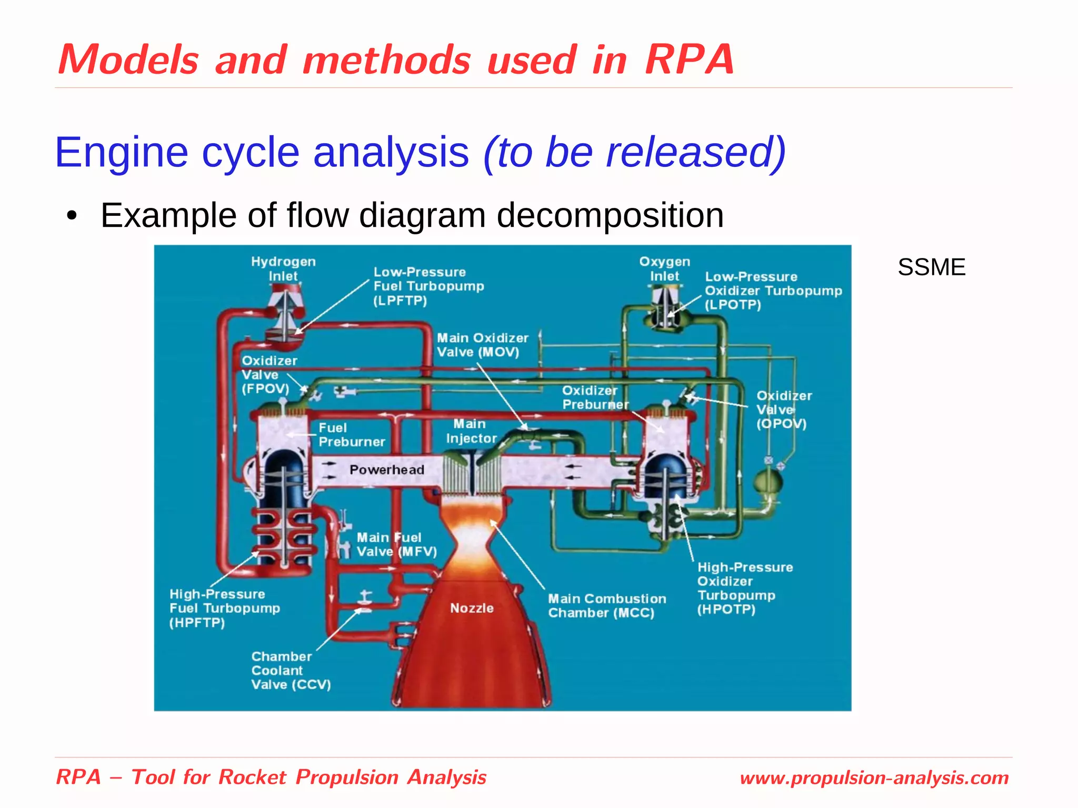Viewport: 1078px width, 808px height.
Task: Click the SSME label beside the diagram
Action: click(931, 267)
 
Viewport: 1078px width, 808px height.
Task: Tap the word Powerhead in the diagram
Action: click(387, 470)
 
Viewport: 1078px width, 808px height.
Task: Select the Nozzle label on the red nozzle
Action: click(472, 608)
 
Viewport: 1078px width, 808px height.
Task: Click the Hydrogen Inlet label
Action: click(283, 268)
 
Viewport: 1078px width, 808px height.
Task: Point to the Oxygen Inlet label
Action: click(664, 268)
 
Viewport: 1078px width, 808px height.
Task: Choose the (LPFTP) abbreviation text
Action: click(400, 301)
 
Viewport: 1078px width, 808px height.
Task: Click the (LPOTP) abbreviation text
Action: click(733, 305)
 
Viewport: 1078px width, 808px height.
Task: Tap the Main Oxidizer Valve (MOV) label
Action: click(482, 345)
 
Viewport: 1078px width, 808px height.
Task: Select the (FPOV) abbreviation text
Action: click(265, 389)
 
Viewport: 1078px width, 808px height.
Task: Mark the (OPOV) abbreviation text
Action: click(781, 424)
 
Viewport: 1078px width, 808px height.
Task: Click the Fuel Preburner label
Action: click(351, 435)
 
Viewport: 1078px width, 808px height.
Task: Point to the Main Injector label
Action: click(471, 431)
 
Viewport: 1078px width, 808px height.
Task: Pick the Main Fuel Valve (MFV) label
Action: click(396, 544)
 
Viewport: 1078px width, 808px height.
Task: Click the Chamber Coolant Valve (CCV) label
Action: click(291, 671)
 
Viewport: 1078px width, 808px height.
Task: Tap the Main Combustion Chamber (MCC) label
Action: click(606, 606)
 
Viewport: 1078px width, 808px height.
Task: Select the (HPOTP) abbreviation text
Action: click(726, 610)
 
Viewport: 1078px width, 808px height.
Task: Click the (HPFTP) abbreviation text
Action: click(197, 623)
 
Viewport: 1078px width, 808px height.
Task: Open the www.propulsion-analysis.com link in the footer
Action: click(874, 777)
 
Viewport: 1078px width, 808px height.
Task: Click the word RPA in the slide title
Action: click(689, 59)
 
